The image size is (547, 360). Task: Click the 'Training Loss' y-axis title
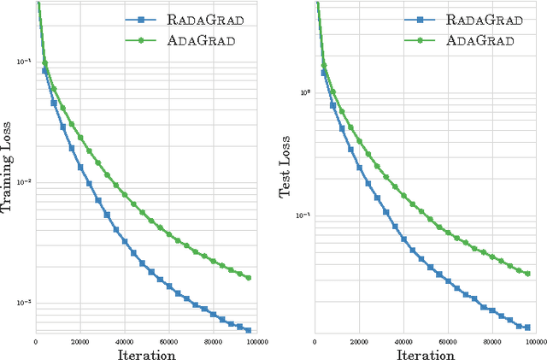11,168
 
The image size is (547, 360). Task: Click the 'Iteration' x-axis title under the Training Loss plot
146,353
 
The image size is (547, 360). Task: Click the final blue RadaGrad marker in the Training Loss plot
248,330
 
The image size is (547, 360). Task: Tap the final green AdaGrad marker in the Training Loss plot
248,278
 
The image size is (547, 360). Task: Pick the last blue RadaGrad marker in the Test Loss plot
527,327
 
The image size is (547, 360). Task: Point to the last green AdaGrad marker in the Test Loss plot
527,274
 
